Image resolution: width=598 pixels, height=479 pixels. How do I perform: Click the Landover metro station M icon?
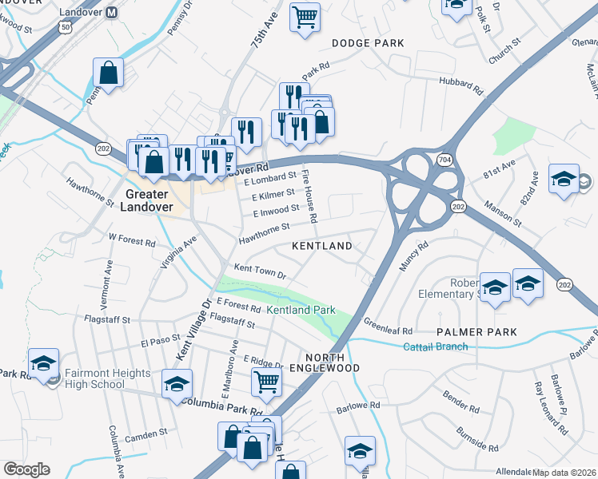point(112,12)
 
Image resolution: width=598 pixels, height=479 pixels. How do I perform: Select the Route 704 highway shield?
point(445,160)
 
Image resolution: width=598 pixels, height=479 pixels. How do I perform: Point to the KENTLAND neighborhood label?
point(321,246)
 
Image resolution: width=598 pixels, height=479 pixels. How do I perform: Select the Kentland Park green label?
point(301,309)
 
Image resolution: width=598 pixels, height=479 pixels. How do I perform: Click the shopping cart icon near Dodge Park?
point(305,16)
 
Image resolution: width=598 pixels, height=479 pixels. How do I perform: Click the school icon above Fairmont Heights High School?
point(43,362)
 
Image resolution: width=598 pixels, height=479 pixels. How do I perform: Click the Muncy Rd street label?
point(414,256)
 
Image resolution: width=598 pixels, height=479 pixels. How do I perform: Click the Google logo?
point(26,469)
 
